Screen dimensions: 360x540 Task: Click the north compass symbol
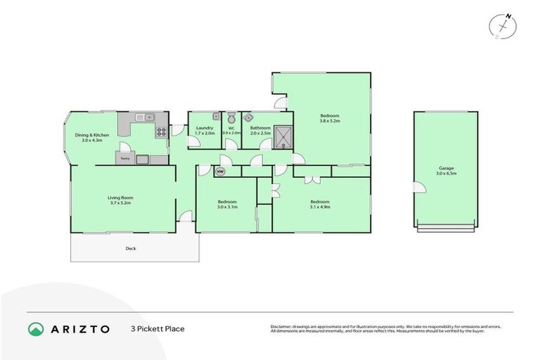pos(501,25)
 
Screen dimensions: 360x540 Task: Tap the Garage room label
pos(445,169)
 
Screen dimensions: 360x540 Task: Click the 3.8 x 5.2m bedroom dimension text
pos(330,121)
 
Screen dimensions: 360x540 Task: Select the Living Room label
pos(120,198)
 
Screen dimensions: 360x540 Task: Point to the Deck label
pos(130,248)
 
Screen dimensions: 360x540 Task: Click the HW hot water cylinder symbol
pos(220,171)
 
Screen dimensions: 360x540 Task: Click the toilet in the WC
pos(231,117)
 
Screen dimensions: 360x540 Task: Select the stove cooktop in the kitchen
pos(161,130)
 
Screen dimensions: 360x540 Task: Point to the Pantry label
pos(124,159)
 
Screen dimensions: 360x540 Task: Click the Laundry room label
pos(205,127)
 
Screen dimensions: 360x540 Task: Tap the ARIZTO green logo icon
pos(36,328)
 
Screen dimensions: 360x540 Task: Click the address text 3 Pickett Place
pos(157,328)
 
